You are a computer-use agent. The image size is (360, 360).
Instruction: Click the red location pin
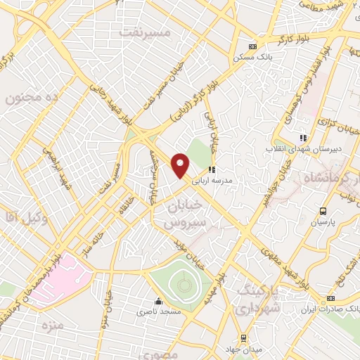pyautogui.click(x=181, y=166)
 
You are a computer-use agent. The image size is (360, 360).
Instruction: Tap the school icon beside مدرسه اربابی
pyautogui.click(x=211, y=169)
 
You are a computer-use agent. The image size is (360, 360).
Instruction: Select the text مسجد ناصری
pyautogui.click(x=160, y=310)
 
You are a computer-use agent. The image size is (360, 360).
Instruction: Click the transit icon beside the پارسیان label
pyautogui.click(x=323, y=211)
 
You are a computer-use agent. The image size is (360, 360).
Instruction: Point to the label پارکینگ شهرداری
pyautogui.click(x=257, y=300)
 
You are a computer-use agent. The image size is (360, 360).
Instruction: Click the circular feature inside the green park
pyautogui.click(x=184, y=285)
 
